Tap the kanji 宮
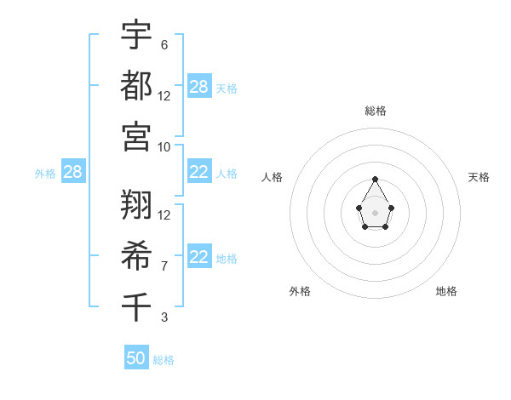tap(136, 136)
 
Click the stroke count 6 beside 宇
tap(164, 44)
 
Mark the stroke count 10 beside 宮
tap(164, 146)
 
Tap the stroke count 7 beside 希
tap(164, 266)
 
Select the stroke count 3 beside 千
tap(164, 317)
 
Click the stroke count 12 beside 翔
tap(164, 214)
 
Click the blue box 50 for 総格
tap(136, 358)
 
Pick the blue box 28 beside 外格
tap(72, 173)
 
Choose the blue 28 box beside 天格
tap(199, 87)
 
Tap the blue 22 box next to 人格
tap(199, 172)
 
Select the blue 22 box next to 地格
tap(199, 257)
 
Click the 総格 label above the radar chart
tap(376, 111)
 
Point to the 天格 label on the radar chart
tap(479, 177)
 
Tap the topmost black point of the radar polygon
tap(375, 179)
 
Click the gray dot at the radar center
tap(375, 212)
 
